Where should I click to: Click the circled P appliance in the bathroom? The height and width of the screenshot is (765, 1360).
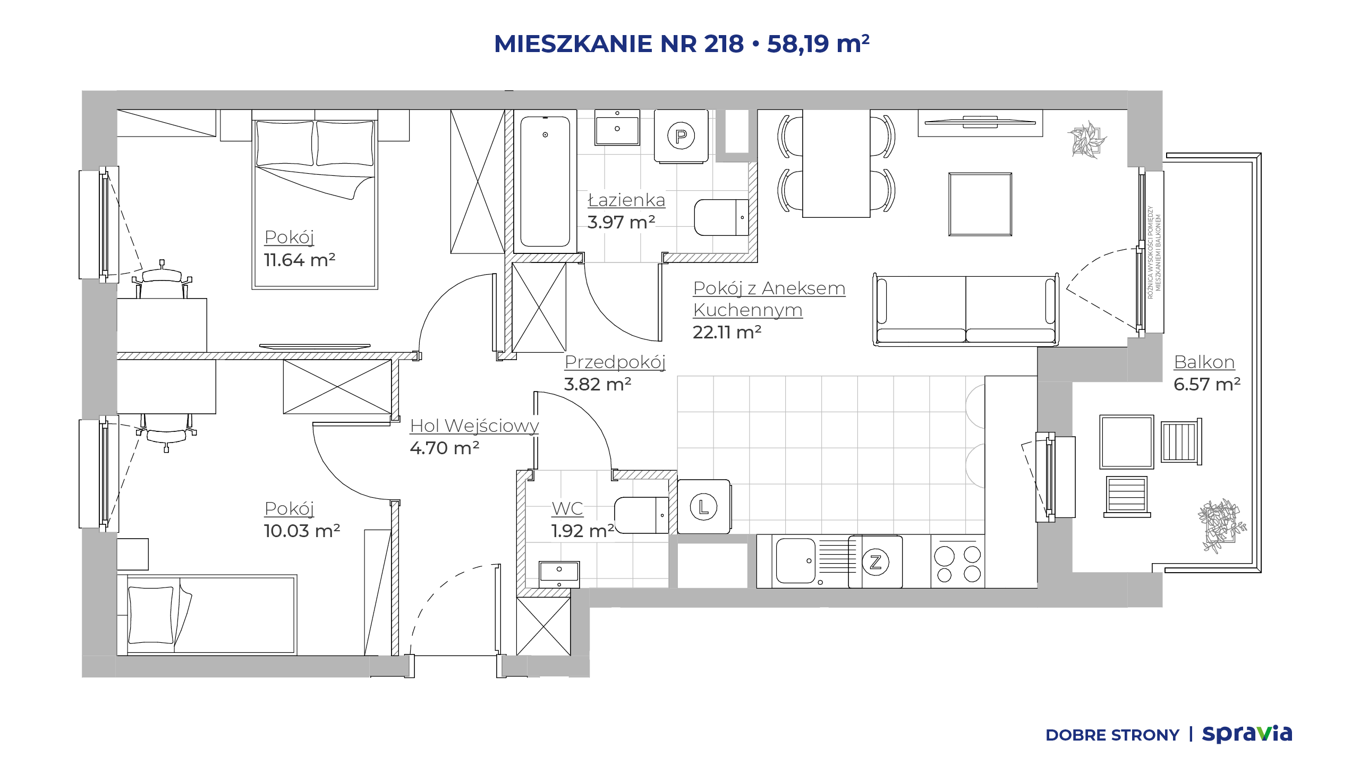pyautogui.click(x=681, y=136)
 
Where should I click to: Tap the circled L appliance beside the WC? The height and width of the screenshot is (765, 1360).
pyautogui.click(x=703, y=507)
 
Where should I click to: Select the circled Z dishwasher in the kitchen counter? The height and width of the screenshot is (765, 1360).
pyautogui.click(x=875, y=562)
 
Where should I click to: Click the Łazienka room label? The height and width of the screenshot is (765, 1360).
pyautogui.click(x=626, y=200)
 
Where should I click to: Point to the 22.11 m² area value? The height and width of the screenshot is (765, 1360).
pyautogui.click(x=727, y=332)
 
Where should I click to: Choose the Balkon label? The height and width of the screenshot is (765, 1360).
pyautogui.click(x=1204, y=362)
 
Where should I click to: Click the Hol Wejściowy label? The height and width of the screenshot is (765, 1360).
pyautogui.click(x=474, y=426)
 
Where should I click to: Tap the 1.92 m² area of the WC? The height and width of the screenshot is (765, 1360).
pyautogui.click(x=582, y=531)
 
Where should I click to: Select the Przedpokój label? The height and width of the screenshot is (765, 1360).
pyautogui.click(x=615, y=362)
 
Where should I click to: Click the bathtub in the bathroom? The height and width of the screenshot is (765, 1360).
pyautogui.click(x=545, y=181)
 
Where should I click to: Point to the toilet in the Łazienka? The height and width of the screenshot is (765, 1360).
pyautogui.click(x=721, y=217)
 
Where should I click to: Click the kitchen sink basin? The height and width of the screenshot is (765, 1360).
pyautogui.click(x=795, y=561)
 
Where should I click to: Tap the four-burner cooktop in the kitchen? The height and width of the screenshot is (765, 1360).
pyautogui.click(x=958, y=562)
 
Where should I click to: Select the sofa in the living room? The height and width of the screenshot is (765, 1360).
pyautogui.click(x=966, y=310)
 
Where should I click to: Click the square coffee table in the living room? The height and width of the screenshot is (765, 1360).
pyautogui.click(x=980, y=204)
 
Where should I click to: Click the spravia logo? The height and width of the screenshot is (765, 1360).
pyautogui.click(x=1247, y=734)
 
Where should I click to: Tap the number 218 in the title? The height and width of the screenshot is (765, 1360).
pyautogui.click(x=724, y=44)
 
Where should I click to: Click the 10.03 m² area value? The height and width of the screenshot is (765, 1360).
pyautogui.click(x=302, y=531)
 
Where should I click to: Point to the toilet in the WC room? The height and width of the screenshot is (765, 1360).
pyautogui.click(x=641, y=515)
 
